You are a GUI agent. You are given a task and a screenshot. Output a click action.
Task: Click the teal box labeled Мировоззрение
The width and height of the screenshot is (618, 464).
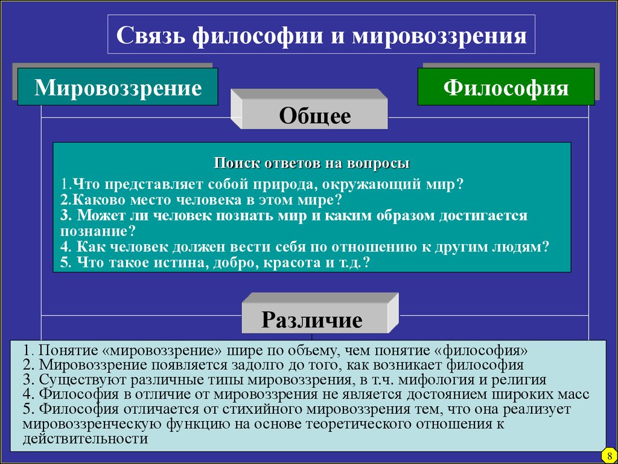(118, 87)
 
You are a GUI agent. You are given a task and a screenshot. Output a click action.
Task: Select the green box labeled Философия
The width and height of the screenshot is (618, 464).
(506, 87)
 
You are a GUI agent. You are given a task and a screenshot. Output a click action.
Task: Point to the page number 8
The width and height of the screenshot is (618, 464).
(610, 457)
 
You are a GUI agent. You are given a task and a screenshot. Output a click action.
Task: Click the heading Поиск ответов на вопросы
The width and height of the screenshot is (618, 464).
(311, 163)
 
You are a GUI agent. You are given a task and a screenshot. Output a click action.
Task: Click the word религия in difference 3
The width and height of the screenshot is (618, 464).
(521, 379)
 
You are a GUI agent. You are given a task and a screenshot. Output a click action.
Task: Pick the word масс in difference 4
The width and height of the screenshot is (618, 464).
(573, 395)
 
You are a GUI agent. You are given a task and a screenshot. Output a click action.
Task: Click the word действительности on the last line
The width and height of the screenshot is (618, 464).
(85, 439)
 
